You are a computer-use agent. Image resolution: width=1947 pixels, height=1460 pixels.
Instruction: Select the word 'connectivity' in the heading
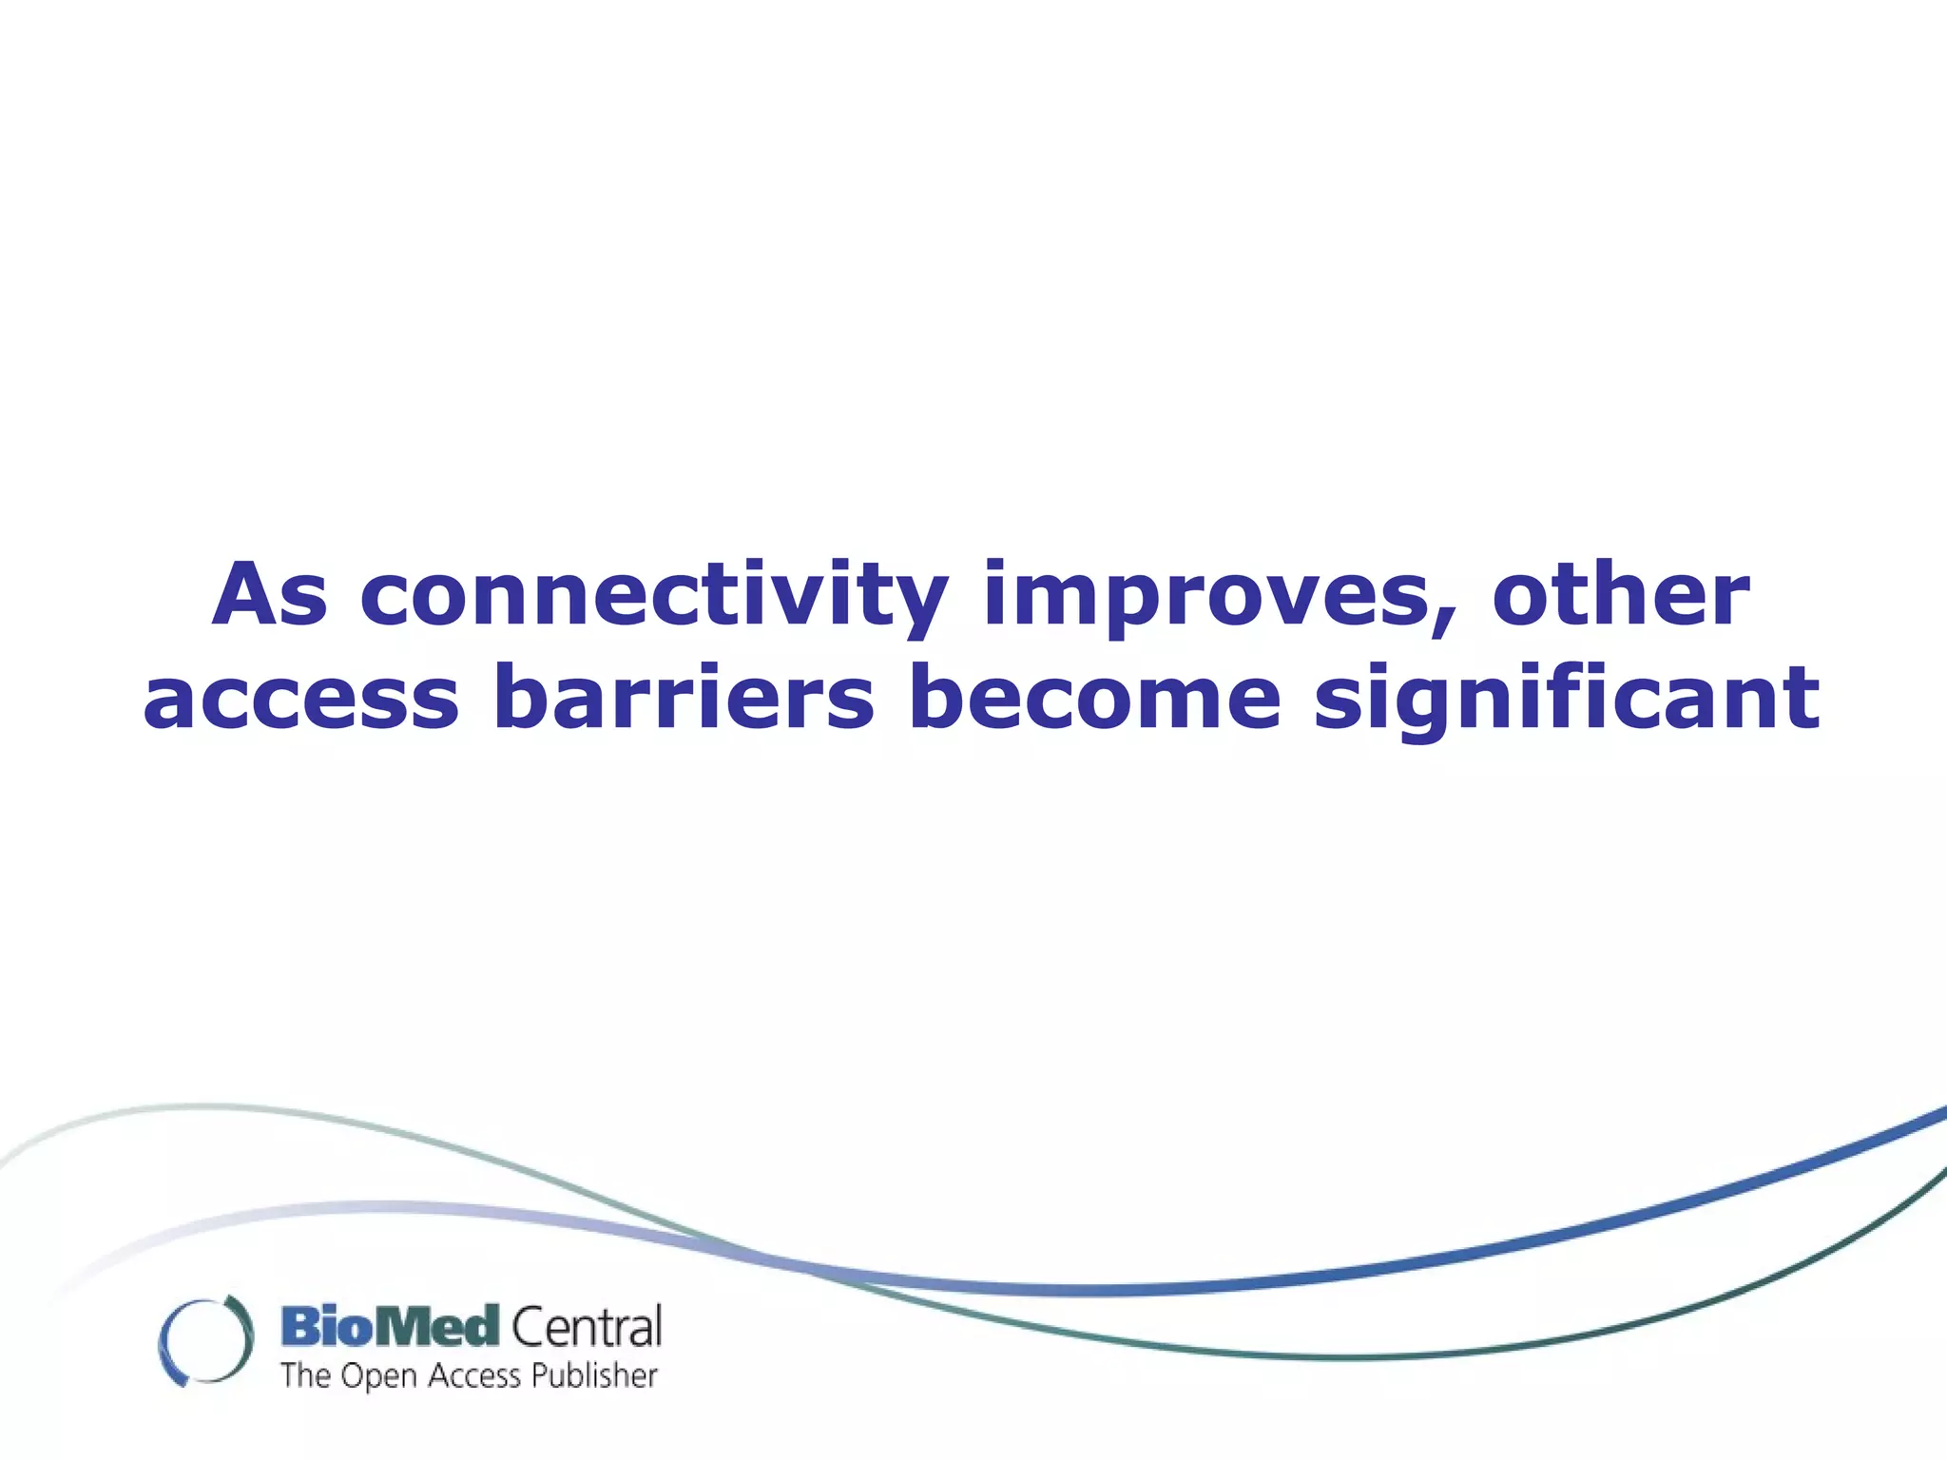coord(654,597)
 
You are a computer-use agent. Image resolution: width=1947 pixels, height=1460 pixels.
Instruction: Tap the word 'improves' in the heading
coord(1207,597)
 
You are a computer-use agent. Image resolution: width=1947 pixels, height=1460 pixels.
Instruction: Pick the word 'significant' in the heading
coord(1566,701)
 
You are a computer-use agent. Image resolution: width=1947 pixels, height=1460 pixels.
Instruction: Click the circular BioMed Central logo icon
coord(205,1340)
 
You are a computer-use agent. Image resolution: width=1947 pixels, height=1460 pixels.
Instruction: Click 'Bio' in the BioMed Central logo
coord(323,1327)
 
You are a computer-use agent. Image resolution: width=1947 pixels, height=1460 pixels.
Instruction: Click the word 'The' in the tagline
coord(305,1375)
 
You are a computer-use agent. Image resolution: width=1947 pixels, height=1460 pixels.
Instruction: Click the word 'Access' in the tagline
coord(474,1375)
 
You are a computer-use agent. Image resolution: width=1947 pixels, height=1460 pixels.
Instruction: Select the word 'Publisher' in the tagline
coord(593,1375)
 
